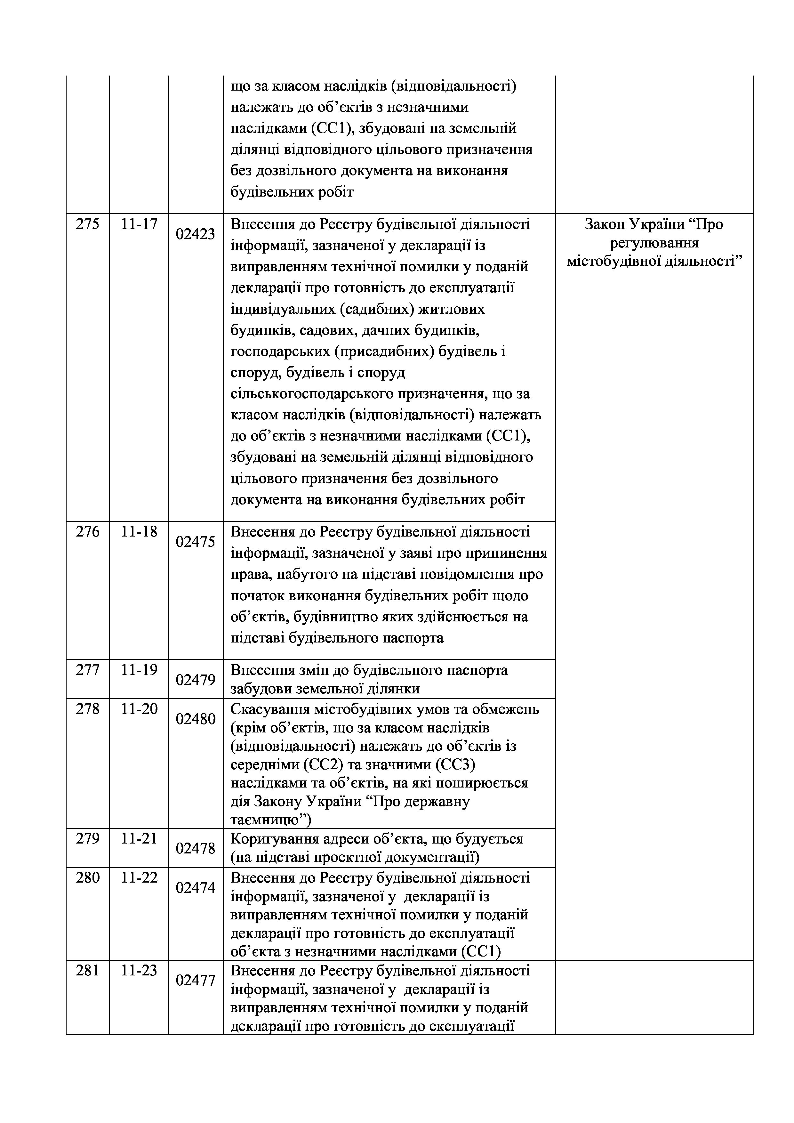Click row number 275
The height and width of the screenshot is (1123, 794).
(x=87, y=224)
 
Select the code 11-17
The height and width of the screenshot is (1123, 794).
(x=139, y=224)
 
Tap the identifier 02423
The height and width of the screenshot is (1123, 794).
(x=196, y=234)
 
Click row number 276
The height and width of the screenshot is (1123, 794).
(x=87, y=532)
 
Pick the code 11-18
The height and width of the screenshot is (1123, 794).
(x=139, y=532)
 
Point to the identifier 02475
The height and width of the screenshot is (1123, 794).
(x=196, y=542)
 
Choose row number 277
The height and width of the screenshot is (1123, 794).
(x=87, y=670)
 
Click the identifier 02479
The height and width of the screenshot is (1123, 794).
(x=196, y=680)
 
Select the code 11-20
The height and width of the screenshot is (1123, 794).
(x=139, y=709)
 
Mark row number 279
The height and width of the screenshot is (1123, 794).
(x=87, y=838)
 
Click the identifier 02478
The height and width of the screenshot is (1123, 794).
(x=196, y=849)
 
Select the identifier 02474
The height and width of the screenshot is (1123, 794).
(x=196, y=888)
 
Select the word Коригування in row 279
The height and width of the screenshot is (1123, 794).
(x=272, y=839)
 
